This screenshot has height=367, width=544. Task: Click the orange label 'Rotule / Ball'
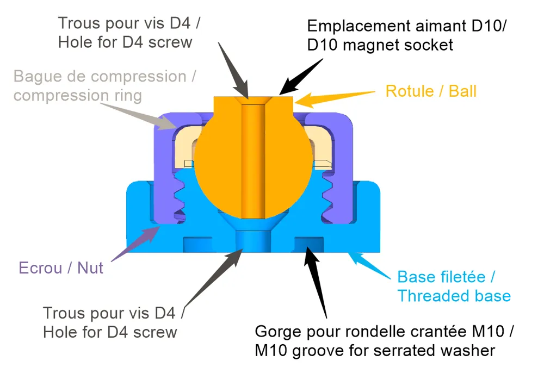coord(431,91)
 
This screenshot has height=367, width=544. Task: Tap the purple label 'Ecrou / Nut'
coord(61,268)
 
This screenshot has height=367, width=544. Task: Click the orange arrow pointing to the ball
coord(335,98)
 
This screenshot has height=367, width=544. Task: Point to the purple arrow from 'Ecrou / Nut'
coord(135,244)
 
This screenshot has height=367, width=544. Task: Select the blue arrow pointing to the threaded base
coord(369,265)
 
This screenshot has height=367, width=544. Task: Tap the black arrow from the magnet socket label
coord(301,77)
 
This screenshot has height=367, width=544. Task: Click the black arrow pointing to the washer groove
coord(316,282)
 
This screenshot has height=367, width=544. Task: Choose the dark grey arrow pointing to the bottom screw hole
coord(212,278)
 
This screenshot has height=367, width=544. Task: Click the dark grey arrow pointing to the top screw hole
coord(233,71)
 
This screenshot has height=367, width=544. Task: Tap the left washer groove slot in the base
coord(197,244)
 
